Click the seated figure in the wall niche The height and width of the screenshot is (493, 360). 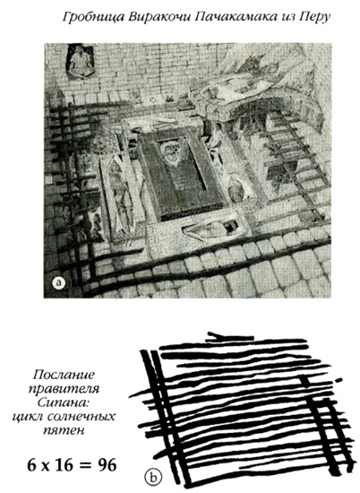[79, 63]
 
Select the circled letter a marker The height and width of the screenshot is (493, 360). [59, 283]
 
